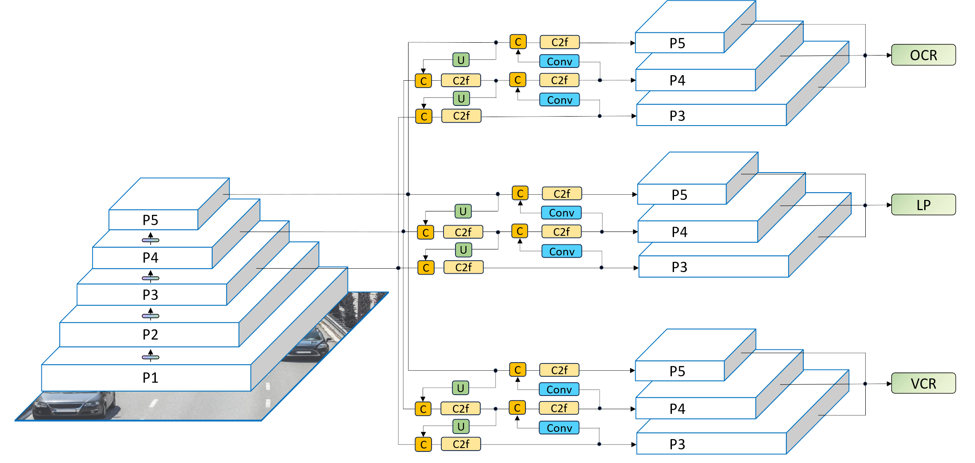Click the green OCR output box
click(x=923, y=55)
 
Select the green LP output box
click(x=923, y=205)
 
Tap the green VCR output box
click(x=923, y=384)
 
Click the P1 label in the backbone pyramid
click(x=150, y=378)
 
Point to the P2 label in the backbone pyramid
click(x=150, y=334)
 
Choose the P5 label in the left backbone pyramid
click(x=150, y=220)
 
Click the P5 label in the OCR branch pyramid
click(x=677, y=43)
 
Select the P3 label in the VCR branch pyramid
click(x=677, y=444)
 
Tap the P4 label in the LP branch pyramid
click(x=679, y=232)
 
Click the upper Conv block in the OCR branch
click(x=559, y=62)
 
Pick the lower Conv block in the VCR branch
click(x=559, y=428)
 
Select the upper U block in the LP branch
click(x=463, y=211)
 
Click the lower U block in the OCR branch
click(x=461, y=99)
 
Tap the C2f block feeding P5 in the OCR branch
click(x=560, y=42)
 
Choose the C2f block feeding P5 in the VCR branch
click(x=559, y=370)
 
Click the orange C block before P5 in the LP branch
click(x=520, y=193)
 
